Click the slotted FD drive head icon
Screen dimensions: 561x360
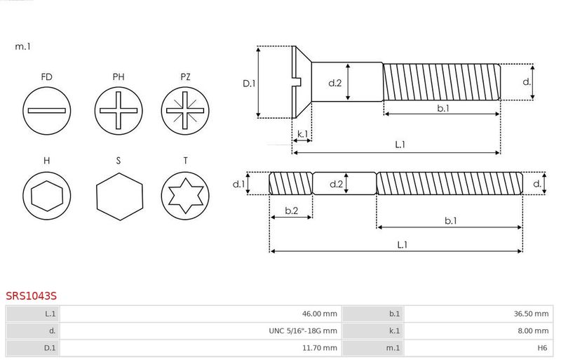(x=46, y=111)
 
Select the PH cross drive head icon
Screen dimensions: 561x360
(x=119, y=111)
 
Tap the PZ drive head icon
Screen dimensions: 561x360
(x=185, y=111)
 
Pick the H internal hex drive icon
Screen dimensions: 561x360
(x=46, y=196)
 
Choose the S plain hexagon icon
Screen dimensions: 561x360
(x=119, y=196)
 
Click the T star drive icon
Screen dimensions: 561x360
(x=185, y=196)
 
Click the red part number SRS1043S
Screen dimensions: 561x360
(x=31, y=296)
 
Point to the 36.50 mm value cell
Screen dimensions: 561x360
(x=478, y=314)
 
